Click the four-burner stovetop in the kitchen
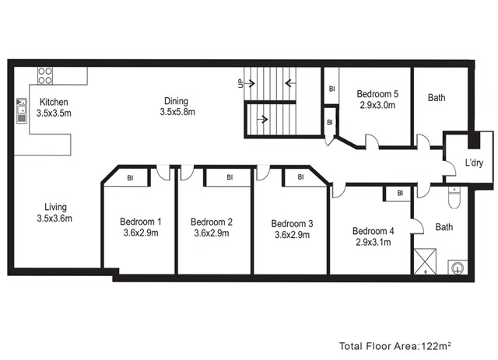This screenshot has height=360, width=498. (x=45, y=75)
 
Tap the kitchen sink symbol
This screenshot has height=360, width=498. (x=22, y=110)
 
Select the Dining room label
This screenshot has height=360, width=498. (x=177, y=101)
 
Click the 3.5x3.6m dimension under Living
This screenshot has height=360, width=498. (x=54, y=218)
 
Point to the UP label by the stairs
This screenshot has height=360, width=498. (x=240, y=83)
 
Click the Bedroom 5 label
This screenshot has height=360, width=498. (x=377, y=93)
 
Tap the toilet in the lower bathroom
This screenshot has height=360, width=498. (x=454, y=197)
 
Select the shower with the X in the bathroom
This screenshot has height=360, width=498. (x=425, y=261)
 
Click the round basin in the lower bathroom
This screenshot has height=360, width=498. (x=458, y=267)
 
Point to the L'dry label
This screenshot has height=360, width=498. (x=474, y=163)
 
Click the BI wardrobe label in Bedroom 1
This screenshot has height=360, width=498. (x=130, y=178)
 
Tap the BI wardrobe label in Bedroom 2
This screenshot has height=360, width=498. (x=230, y=177)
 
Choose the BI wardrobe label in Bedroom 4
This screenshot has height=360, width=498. (x=400, y=193)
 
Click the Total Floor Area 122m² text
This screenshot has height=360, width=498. (x=395, y=346)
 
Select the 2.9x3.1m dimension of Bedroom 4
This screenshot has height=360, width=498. (x=373, y=243)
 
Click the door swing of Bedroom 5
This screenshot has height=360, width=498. (x=372, y=141)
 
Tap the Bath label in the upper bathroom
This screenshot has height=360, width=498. (x=437, y=97)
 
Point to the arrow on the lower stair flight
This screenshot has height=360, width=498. (x=262, y=120)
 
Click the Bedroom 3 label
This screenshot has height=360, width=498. (x=293, y=223)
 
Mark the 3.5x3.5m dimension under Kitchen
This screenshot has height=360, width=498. (x=54, y=113)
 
